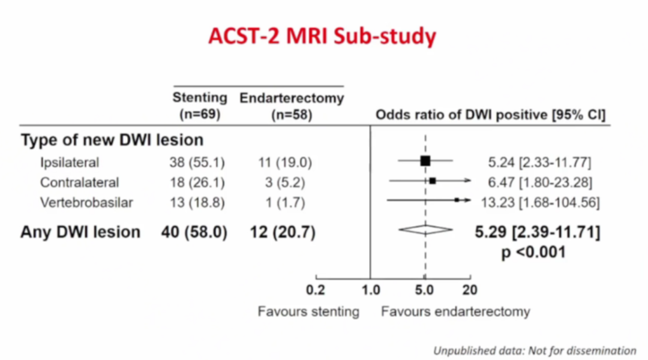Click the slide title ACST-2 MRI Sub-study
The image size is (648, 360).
click(x=322, y=37)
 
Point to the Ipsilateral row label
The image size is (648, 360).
click(x=70, y=162)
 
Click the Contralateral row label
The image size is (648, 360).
click(x=80, y=182)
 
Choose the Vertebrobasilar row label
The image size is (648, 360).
click(x=86, y=203)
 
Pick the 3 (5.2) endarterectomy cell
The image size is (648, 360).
click(x=285, y=182)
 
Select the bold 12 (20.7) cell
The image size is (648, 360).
click(x=283, y=232)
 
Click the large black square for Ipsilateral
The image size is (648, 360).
click(x=425, y=161)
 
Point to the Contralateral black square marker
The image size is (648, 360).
click(x=432, y=180)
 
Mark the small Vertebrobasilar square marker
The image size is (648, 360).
click(x=457, y=200)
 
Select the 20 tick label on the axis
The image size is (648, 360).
click(x=470, y=290)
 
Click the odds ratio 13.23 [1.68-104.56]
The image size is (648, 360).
click(x=540, y=203)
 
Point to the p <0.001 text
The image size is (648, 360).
click(x=533, y=253)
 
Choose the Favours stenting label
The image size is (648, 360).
click(x=308, y=311)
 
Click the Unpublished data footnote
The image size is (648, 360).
click(x=535, y=350)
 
